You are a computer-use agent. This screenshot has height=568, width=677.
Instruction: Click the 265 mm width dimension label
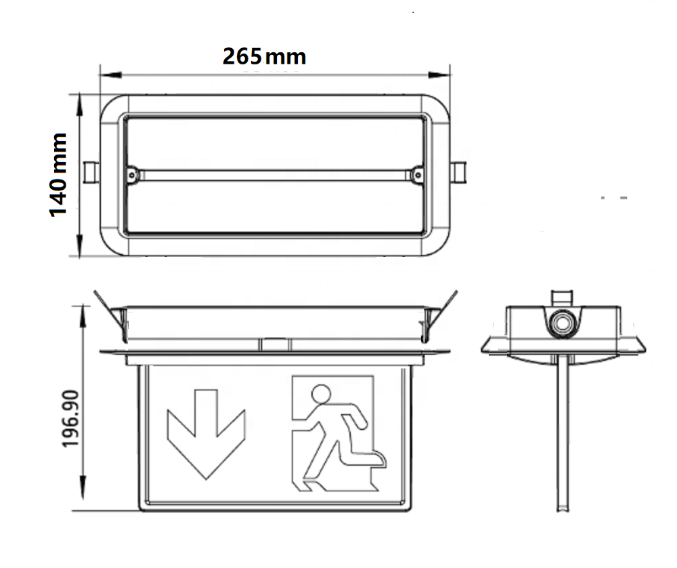[265, 56]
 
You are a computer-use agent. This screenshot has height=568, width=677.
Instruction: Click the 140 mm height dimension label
[60, 175]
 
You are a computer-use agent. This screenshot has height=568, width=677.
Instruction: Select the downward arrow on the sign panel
[205, 432]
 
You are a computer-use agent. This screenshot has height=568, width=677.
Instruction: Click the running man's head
[320, 394]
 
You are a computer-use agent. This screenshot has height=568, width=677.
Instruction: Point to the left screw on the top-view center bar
[133, 175]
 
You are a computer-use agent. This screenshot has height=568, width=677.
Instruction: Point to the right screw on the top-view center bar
[416, 175]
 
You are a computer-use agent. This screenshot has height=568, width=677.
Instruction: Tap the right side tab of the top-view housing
[459, 172]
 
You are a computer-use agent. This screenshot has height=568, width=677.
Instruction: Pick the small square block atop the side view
[562, 298]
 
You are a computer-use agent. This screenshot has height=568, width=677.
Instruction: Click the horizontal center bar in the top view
[274, 175]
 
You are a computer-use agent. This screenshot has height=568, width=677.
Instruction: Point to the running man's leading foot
[379, 460]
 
